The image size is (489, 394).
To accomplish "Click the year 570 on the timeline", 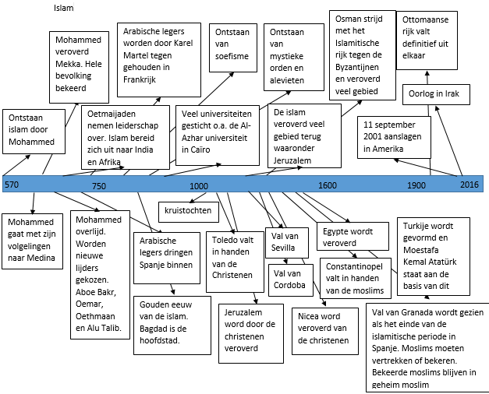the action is (12, 185).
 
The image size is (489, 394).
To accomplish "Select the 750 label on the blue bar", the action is (99, 186).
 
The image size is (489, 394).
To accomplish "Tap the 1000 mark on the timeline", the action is (199, 186).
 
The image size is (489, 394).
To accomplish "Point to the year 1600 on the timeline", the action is (328, 185).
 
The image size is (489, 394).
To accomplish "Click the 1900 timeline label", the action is (416, 185).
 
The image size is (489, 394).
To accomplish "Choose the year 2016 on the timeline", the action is (470, 185).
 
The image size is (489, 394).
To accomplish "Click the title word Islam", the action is (64, 8).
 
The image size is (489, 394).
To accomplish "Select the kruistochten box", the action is (189, 212).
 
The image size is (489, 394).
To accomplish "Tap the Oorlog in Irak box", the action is (436, 94).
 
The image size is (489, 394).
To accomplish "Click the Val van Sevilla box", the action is (287, 243).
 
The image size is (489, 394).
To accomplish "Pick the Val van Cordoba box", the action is (291, 280).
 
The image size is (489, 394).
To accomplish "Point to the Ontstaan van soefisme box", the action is (233, 48).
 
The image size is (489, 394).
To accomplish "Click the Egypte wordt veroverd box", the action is (353, 236).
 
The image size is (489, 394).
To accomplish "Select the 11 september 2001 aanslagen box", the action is (394, 137).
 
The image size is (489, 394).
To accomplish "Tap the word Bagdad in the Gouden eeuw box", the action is (151, 329).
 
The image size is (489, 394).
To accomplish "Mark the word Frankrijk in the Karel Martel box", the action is (140, 79).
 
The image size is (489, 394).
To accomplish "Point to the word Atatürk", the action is (443, 262).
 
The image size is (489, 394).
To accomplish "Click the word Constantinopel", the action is (354, 267).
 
